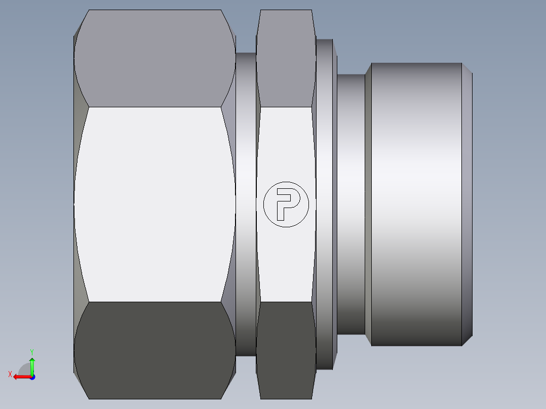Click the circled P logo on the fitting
[286, 204]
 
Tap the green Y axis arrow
[32, 366]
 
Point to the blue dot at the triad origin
[32, 377]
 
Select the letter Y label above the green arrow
[32, 352]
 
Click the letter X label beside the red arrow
[10, 375]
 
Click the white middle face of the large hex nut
[154, 204]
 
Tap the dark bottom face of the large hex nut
[154, 350]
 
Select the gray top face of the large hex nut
[154, 59]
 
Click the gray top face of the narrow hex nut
[286, 59]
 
